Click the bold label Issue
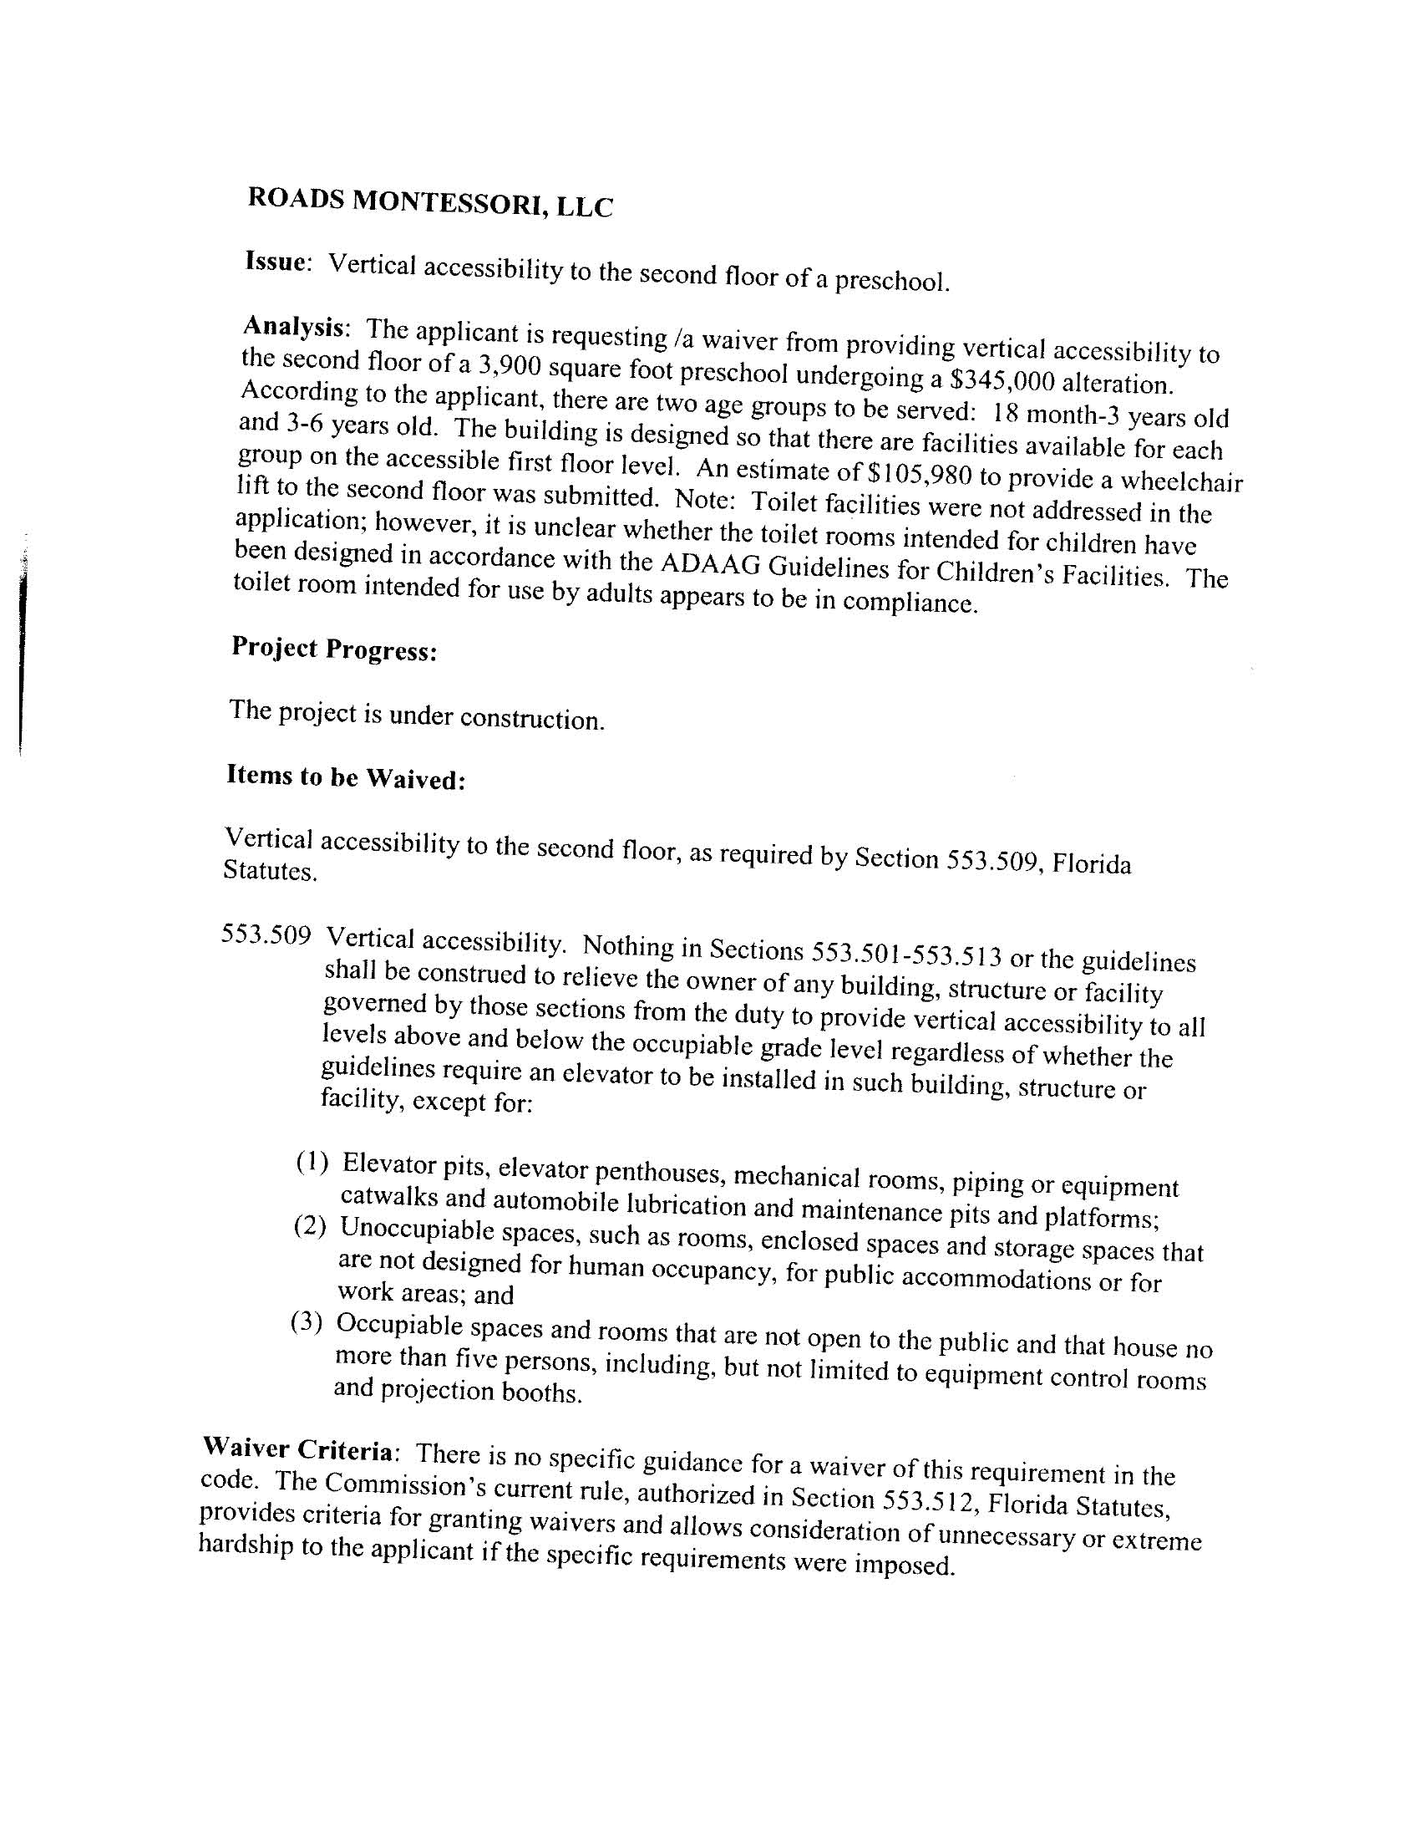point(273,262)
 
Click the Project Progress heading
point(334,649)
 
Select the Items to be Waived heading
point(346,777)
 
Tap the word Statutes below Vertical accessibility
point(270,870)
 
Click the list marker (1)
point(312,1163)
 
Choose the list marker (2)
point(309,1226)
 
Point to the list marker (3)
point(307,1322)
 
